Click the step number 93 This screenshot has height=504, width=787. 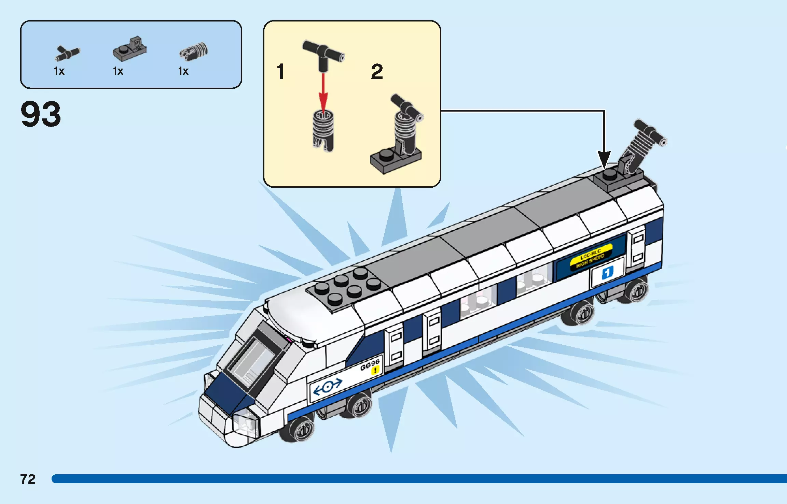click(x=41, y=114)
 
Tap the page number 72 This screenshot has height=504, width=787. click(x=28, y=479)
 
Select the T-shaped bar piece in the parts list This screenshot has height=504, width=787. click(x=67, y=53)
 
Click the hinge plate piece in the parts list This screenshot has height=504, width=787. click(x=130, y=49)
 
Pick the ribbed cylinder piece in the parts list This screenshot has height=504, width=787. click(x=194, y=52)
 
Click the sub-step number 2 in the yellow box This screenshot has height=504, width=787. click(x=377, y=72)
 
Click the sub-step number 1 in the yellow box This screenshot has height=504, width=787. click(x=280, y=72)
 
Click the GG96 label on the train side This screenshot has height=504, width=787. click(x=370, y=364)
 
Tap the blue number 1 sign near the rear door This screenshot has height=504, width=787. click(x=607, y=273)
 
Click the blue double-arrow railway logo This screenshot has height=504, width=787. click(x=327, y=387)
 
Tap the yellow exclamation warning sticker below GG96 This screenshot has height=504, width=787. click(x=375, y=370)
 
